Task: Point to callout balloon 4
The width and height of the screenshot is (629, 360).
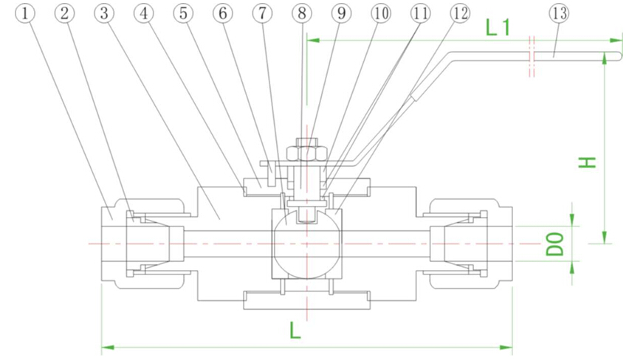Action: pyautogui.click(x=145, y=13)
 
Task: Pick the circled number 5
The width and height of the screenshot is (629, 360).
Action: pyautogui.click(x=184, y=13)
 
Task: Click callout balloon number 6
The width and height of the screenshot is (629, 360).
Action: pyautogui.click(x=222, y=13)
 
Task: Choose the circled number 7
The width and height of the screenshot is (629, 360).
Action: pyautogui.click(x=261, y=13)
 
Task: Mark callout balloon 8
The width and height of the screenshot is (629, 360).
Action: pyautogui.click(x=300, y=13)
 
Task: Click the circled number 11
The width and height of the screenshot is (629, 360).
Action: pyautogui.click(x=420, y=13)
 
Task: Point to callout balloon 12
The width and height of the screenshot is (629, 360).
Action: pyautogui.click(x=459, y=13)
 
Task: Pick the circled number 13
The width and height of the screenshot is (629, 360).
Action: pyautogui.click(x=558, y=13)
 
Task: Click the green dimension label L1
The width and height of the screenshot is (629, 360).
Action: pyautogui.click(x=500, y=27)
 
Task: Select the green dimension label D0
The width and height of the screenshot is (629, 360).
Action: pyautogui.click(x=554, y=243)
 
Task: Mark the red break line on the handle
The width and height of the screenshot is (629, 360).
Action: pyautogui.click(x=530, y=55)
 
